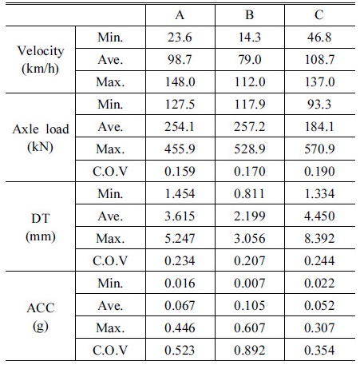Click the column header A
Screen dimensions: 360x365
pyautogui.click(x=180, y=15)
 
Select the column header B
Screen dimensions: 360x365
pyautogui.click(x=250, y=15)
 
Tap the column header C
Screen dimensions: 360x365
pyautogui.click(x=319, y=15)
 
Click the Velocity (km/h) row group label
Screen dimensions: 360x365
pyautogui.click(x=41, y=60)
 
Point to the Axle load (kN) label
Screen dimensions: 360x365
pyautogui.click(x=41, y=137)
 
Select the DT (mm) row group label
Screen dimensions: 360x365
pyautogui.click(x=41, y=227)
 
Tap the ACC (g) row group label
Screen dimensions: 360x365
pyautogui.click(x=41, y=316)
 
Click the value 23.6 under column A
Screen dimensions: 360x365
pyautogui.click(x=180, y=38)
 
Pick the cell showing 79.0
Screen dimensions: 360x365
pyautogui.click(x=250, y=60)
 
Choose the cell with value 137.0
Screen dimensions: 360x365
pyautogui.click(x=319, y=82)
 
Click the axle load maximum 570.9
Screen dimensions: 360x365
pyautogui.click(x=319, y=149)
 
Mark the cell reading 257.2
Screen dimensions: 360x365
pyautogui.click(x=250, y=127)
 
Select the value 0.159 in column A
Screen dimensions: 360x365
pyautogui.click(x=180, y=172)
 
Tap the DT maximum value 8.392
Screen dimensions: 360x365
pyautogui.click(x=319, y=239)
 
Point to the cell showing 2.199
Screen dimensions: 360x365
pyautogui.click(x=250, y=216)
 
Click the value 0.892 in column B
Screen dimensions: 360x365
pyautogui.click(x=250, y=351)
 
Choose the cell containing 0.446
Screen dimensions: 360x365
pyautogui.click(x=180, y=328)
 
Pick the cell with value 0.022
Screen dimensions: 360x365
pyautogui.click(x=319, y=284)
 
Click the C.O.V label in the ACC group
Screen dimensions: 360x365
pyautogui.click(x=110, y=351)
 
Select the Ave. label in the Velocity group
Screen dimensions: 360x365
pyautogui.click(x=110, y=60)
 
